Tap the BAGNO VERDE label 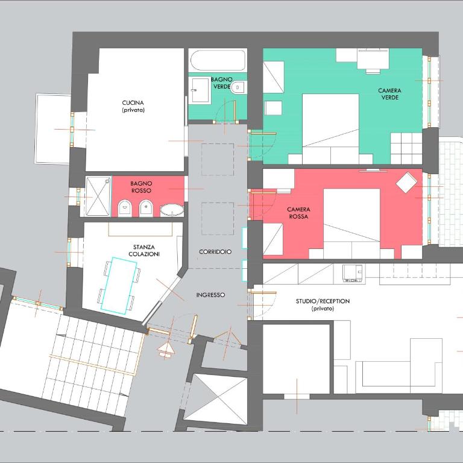221,83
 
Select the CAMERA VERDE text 389,94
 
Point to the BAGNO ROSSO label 141,187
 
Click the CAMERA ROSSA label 298,213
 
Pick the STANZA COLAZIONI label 144,250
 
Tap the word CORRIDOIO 215,252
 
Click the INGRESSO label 210,295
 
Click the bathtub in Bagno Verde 218,60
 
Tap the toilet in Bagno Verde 238,87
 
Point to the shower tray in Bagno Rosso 98,197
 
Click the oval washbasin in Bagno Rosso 172,210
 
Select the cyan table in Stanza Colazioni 119,285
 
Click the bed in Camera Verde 330,129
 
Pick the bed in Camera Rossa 351,224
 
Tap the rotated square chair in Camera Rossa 406,182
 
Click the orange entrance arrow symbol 166,350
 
